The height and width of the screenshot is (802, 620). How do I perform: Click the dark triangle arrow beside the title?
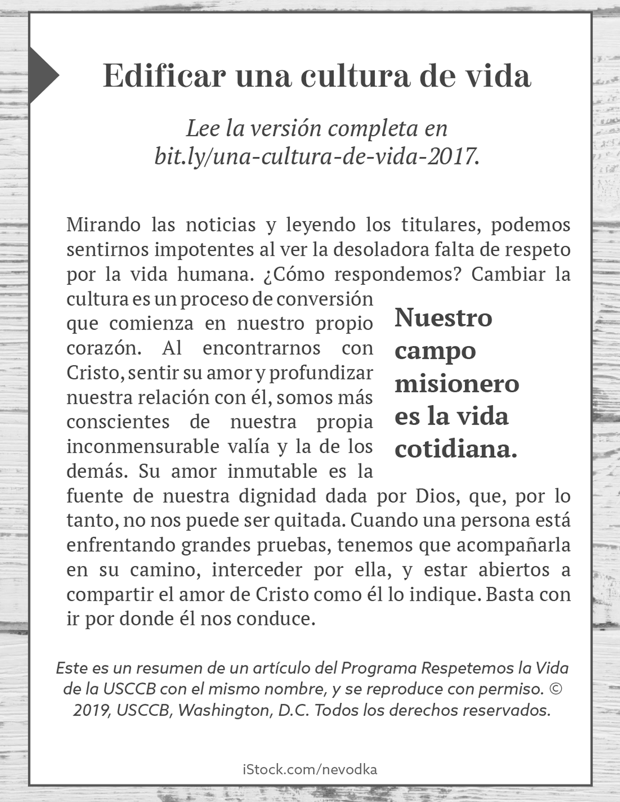coord(42,75)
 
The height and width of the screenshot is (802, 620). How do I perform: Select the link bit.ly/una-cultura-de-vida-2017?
coord(317,157)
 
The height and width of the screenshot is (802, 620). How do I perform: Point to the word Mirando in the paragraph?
coord(103,225)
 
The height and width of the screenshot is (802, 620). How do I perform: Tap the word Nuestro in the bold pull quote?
coord(443,318)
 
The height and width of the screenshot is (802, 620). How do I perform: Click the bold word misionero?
coord(457,384)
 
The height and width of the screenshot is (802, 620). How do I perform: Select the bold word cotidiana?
coord(456,449)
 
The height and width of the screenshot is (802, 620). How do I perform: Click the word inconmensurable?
coord(143,447)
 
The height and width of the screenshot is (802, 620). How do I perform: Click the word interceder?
coord(257,570)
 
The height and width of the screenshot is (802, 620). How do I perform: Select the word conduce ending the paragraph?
coord(276,619)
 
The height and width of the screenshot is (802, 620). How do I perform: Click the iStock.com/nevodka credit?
coord(310,769)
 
